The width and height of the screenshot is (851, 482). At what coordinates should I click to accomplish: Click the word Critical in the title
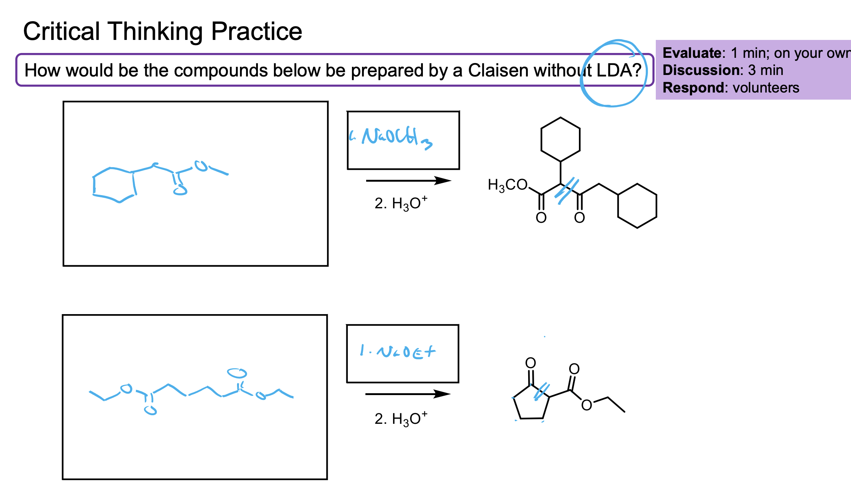[x=62, y=31]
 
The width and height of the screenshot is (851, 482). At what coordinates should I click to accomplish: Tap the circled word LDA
[x=614, y=71]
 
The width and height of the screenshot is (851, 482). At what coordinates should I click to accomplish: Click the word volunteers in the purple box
[x=766, y=88]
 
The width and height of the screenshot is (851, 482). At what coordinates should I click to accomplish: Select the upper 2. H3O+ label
[x=400, y=203]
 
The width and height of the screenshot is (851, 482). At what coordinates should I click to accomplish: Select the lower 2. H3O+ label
[x=400, y=419]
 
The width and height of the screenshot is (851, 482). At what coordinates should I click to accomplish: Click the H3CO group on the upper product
[x=507, y=185]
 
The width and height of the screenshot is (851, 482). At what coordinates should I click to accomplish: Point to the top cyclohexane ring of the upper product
[x=560, y=140]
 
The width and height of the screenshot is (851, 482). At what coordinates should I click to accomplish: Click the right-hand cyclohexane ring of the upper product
[x=637, y=206]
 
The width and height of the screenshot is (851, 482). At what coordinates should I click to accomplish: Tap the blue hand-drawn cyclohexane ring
[x=114, y=185]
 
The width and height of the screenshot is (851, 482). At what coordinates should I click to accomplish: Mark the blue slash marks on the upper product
[x=567, y=191]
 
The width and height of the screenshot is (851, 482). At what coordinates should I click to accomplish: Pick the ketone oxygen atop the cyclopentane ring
[x=530, y=363]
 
